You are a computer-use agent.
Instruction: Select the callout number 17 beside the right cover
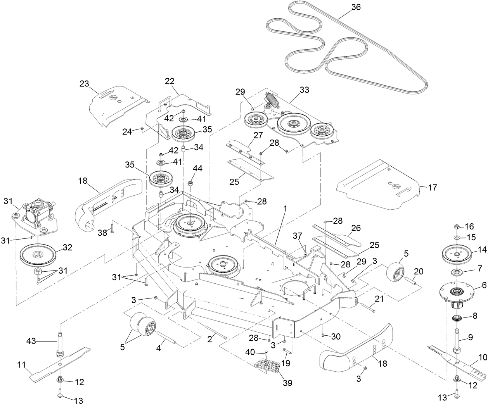432,188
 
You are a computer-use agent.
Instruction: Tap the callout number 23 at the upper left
84,84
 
